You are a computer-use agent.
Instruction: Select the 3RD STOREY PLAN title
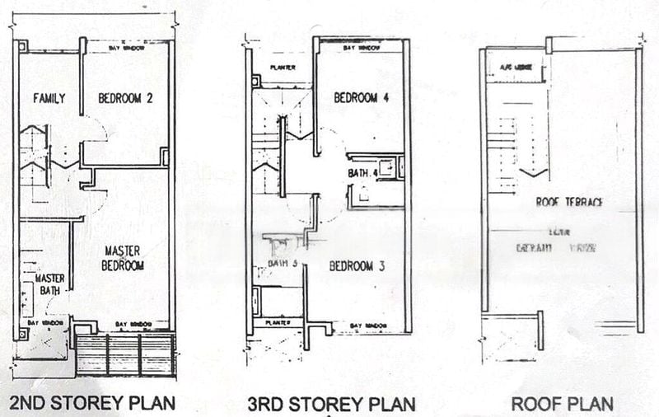[x=331, y=404]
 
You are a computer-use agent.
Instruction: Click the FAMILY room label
[x=49, y=99]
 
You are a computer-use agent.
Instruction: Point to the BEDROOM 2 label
[x=126, y=99]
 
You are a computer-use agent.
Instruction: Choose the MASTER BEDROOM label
[x=124, y=258]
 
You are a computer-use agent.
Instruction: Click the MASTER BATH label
[x=50, y=283]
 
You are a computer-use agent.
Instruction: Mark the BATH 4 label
[x=362, y=173]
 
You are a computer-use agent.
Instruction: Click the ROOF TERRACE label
[x=569, y=201]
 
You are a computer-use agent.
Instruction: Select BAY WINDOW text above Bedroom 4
[x=363, y=49]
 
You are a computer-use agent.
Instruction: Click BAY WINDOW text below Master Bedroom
[x=133, y=324]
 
